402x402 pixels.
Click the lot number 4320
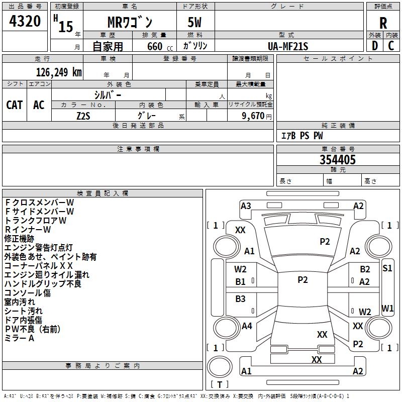tap(25, 21)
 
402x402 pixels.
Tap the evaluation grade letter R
tap(383, 23)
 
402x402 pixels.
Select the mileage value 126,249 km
tap(59, 72)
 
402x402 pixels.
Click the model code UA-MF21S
tap(288, 46)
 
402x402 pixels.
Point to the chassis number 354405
tap(338, 160)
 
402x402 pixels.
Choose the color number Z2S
tap(83, 116)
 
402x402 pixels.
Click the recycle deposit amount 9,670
tap(253, 116)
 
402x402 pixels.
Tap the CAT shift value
tap(15, 105)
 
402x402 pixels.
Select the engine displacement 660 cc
tap(160, 47)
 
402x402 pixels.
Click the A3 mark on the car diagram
tap(246, 206)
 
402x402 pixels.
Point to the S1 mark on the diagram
tap(387, 268)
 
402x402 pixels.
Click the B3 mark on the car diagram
tap(240, 298)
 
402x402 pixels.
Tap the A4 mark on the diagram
tap(247, 326)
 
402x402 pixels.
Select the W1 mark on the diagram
tap(387, 309)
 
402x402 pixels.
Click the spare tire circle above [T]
tap(220, 366)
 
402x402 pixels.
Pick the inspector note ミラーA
tap(19, 338)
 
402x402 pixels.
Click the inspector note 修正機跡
tap(19, 239)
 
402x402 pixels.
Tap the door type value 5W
tap(194, 22)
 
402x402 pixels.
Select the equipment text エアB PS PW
tap(302, 136)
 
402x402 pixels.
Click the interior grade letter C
tap(391, 46)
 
